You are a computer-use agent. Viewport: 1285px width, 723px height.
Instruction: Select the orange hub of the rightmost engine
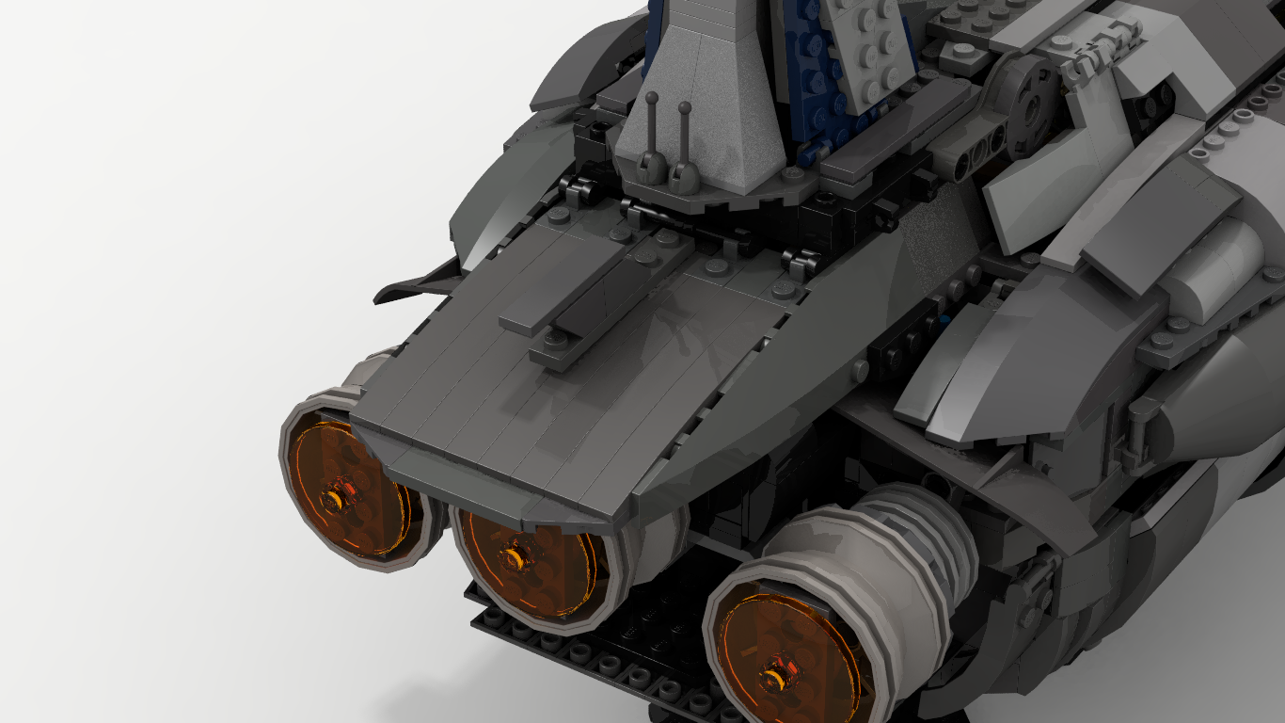776,675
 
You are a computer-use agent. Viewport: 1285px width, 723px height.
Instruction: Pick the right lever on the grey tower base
684,141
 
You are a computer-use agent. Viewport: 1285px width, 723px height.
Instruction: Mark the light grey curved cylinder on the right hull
1214,264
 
